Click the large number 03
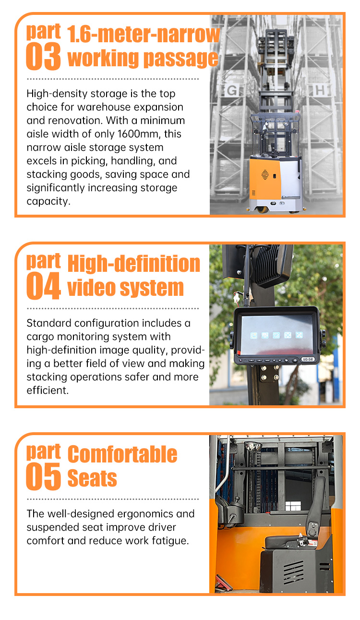coord(43,56)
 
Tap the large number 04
coord(44,286)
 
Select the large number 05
coord(43,476)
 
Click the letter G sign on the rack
coord(232,90)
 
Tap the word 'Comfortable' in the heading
coord(122,454)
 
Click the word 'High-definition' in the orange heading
coord(133,263)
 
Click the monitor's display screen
coord(276,335)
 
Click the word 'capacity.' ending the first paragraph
coord(48,202)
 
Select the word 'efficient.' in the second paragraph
coord(48,390)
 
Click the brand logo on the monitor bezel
coord(308,359)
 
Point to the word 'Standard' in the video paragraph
coord(49,323)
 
